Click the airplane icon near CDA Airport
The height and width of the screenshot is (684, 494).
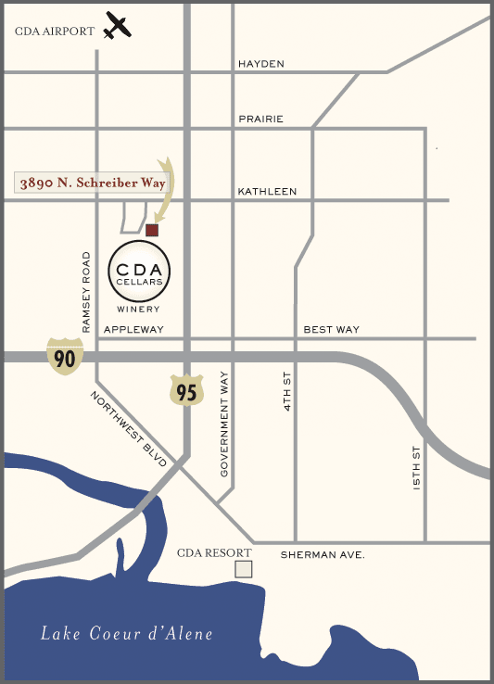pyautogui.click(x=117, y=26)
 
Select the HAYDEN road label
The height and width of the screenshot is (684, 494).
pyautogui.click(x=261, y=64)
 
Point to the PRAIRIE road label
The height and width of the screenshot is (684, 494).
pyautogui.click(x=260, y=120)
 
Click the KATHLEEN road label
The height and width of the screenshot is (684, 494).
pyautogui.click(x=267, y=192)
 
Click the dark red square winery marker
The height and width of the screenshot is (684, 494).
pyautogui.click(x=152, y=229)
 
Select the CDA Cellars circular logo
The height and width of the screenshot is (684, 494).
pyautogui.click(x=139, y=270)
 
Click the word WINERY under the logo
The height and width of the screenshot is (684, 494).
pyautogui.click(x=139, y=309)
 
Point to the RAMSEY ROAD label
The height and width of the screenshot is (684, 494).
pyautogui.click(x=86, y=291)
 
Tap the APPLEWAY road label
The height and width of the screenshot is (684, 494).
pyautogui.click(x=133, y=330)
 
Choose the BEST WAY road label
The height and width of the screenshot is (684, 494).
pyautogui.click(x=332, y=330)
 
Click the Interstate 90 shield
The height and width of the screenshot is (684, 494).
pyautogui.click(x=65, y=357)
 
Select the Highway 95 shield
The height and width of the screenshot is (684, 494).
pyautogui.click(x=186, y=389)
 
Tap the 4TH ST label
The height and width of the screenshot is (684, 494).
pyautogui.click(x=288, y=390)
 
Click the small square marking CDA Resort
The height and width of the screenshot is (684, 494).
pyautogui.click(x=243, y=569)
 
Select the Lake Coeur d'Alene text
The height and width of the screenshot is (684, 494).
pyautogui.click(x=127, y=635)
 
